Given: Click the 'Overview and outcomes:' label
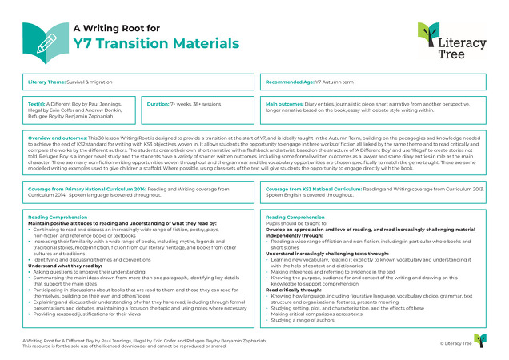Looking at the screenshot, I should [x=59, y=138].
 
